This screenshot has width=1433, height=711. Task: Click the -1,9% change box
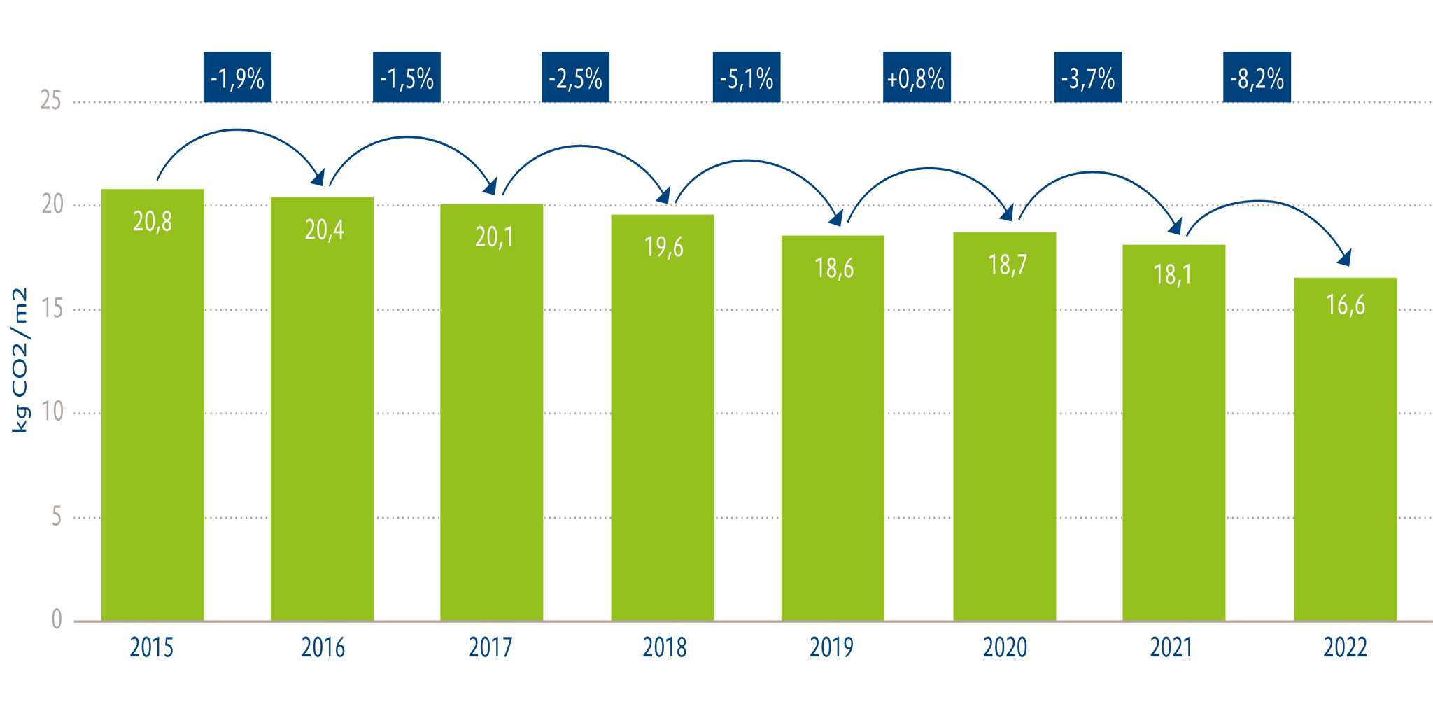[237, 78]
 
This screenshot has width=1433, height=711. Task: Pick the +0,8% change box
[917, 78]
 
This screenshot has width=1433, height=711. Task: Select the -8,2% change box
[1257, 78]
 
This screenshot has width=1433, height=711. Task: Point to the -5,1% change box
[747, 78]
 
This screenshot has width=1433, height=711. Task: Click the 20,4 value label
[324, 230]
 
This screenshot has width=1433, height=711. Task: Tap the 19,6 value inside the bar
[663, 247]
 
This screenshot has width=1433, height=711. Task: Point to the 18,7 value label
[1007, 265]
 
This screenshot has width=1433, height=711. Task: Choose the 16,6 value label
[1345, 305]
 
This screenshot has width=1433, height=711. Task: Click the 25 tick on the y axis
[51, 101]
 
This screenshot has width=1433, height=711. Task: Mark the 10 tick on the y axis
[52, 412]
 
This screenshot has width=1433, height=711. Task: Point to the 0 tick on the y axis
[57, 619]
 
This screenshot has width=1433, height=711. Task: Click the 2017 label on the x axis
[490, 648]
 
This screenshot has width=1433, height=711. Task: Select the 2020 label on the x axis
[1005, 648]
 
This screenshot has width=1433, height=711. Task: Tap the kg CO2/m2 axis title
[20, 360]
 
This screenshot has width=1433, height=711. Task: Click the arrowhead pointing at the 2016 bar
[318, 178]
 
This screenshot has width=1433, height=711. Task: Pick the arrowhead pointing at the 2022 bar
[1344, 258]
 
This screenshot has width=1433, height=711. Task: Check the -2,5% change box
[575, 78]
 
